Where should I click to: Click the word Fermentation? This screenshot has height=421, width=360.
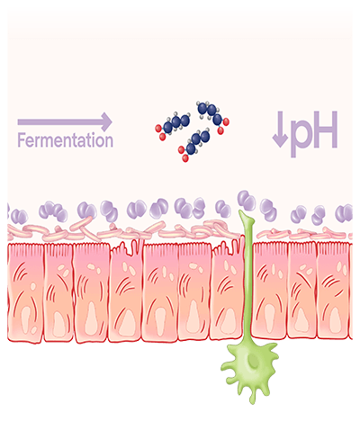(x=66, y=140)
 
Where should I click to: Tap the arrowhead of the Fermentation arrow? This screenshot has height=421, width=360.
(x=107, y=122)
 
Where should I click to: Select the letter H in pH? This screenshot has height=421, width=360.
(x=325, y=130)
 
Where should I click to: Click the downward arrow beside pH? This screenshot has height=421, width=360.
(x=280, y=130)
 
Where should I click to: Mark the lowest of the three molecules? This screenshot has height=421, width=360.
(x=194, y=145)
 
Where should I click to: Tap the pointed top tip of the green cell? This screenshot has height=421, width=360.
(x=240, y=211)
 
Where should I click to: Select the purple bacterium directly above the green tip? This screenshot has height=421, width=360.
(x=247, y=200)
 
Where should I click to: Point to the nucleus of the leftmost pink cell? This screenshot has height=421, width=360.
(x=25, y=320)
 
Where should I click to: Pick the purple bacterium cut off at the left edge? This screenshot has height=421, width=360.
(x=8, y=210)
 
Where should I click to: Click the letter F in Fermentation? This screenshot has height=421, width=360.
(x=21, y=140)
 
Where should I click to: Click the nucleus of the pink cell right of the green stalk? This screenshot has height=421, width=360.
(x=269, y=318)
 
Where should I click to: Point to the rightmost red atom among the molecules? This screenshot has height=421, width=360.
(x=226, y=121)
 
